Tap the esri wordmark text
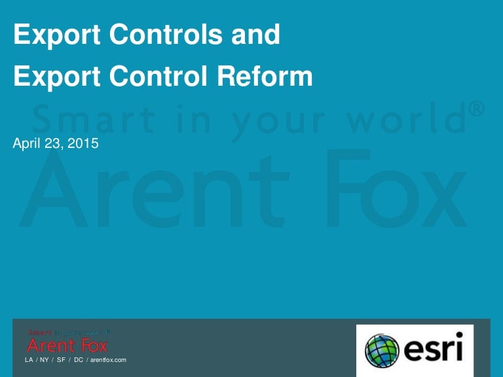433,350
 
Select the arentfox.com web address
107,360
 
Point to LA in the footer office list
29,360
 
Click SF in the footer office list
61,360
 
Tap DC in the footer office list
78,360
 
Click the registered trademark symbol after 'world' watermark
477,110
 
